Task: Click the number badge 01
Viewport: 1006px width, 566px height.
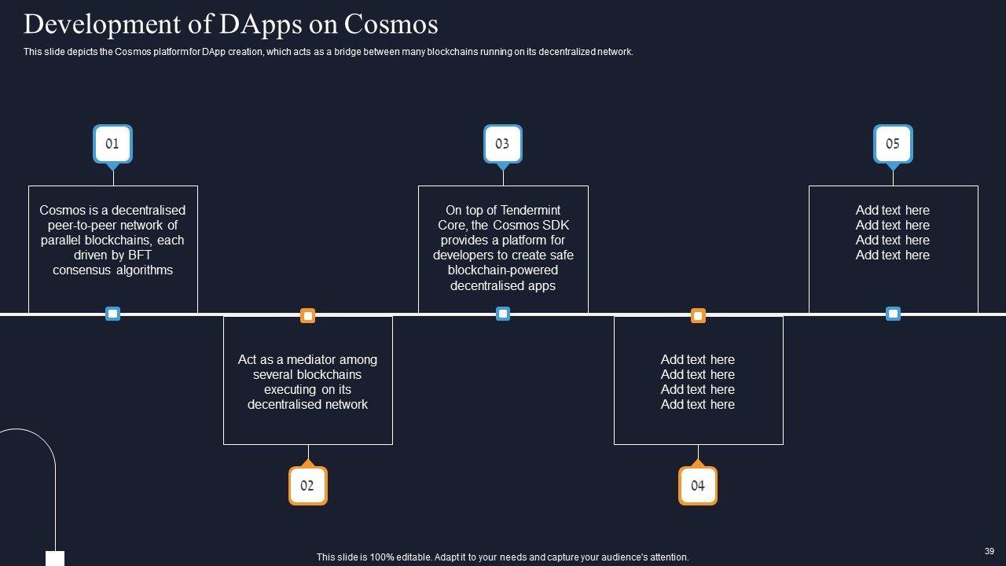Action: click(112, 144)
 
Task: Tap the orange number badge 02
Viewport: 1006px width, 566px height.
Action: click(307, 485)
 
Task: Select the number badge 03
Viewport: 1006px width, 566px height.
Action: click(502, 144)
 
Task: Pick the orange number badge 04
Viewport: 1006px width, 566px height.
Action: click(698, 485)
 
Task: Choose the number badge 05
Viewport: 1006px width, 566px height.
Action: click(893, 144)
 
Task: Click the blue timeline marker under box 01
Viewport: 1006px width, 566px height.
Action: click(112, 314)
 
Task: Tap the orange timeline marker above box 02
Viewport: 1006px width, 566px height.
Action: click(308, 316)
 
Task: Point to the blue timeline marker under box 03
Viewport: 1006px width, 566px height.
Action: click(503, 314)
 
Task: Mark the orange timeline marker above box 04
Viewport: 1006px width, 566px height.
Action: click(698, 316)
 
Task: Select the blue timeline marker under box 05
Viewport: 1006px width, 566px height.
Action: click(893, 314)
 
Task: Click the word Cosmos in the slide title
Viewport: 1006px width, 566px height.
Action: click(391, 24)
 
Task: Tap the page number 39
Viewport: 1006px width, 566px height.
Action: click(989, 552)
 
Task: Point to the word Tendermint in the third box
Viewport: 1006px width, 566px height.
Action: click(531, 210)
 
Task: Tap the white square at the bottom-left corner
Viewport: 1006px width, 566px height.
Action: click(55, 559)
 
